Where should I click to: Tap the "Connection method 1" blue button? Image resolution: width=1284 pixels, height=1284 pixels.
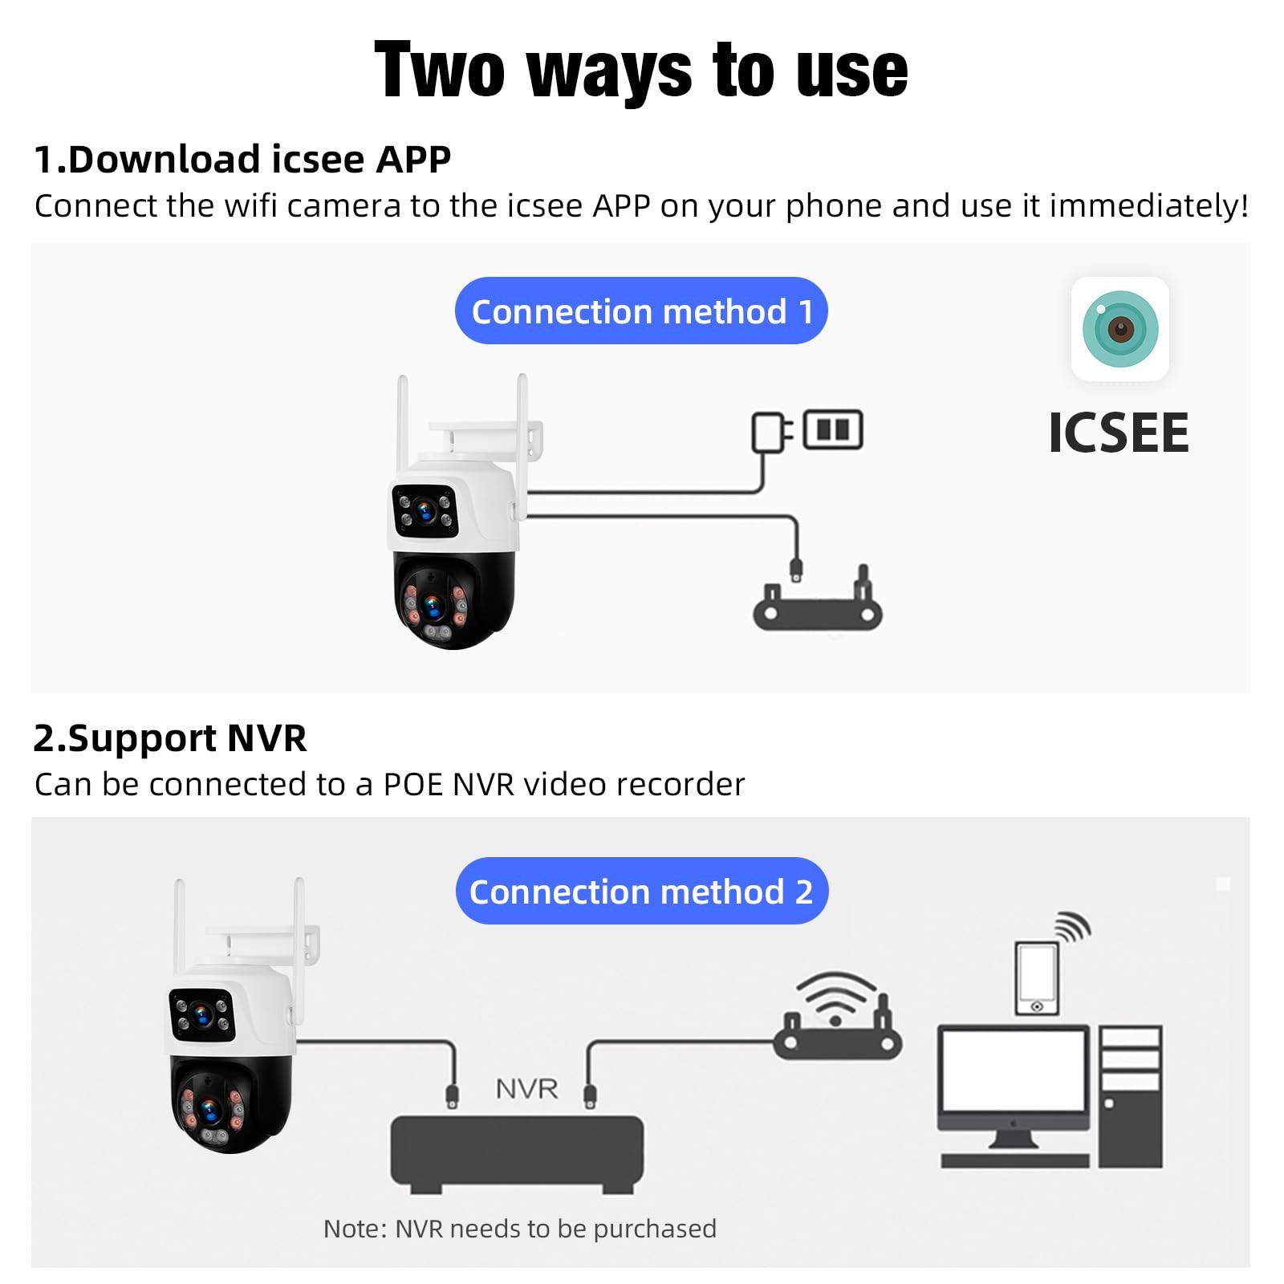640,311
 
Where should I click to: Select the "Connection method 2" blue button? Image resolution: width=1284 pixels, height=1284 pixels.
641,892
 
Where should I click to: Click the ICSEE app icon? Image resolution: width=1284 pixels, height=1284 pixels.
1119,328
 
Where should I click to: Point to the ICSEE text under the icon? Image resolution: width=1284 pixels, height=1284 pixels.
1119,433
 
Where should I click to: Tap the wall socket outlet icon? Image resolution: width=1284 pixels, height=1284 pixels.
833,429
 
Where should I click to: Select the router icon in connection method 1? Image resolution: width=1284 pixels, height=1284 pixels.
817,606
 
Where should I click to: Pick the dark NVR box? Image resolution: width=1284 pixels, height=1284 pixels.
517,1152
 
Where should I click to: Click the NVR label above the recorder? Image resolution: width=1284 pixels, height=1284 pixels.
526,1089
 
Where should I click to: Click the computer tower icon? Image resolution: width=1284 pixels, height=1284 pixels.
1130,1095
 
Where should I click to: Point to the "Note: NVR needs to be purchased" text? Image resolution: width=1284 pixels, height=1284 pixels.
519,1229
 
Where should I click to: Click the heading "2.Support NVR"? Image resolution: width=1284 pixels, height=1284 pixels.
170,738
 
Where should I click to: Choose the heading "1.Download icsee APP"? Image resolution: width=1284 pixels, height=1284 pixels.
242,159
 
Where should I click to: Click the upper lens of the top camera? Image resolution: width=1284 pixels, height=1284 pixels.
425,510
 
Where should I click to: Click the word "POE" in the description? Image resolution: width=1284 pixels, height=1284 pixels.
414,785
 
